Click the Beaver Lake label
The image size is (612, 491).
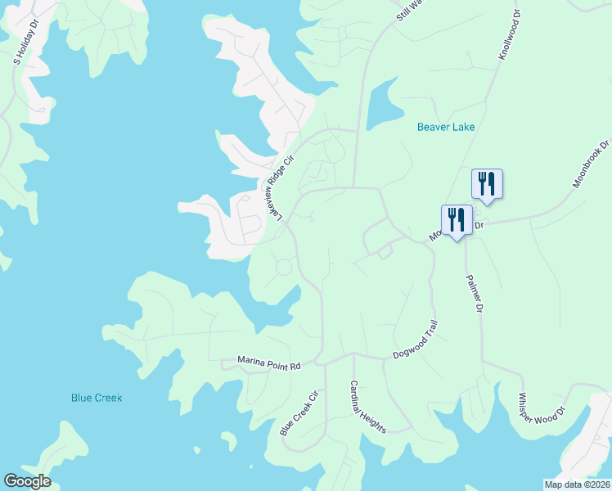coord(446,127)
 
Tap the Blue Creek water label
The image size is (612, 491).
coord(97,398)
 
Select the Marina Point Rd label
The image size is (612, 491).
coord(269,361)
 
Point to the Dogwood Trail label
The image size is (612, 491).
coord(416,340)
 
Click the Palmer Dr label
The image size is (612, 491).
coord(475,293)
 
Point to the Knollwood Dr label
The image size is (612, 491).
coord(509,34)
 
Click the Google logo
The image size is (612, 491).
coord(27,481)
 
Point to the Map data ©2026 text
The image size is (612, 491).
coord(577,484)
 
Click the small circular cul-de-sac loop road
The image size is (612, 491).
coord(284,267)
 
